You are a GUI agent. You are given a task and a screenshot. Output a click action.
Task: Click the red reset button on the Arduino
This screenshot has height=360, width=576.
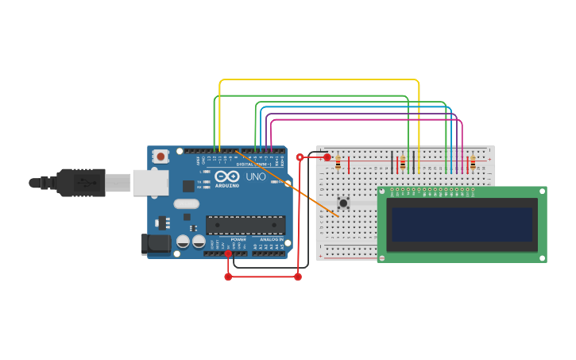161,157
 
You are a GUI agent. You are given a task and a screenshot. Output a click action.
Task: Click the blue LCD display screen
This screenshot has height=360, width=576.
461,224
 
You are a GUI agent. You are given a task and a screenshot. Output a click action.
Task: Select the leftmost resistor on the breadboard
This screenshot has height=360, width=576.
338,163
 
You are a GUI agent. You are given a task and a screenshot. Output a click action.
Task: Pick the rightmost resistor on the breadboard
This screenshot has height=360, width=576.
473,163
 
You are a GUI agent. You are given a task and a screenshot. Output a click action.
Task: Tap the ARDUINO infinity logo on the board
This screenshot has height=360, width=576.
226,176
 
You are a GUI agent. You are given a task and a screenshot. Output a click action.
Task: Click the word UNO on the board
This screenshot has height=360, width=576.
256,176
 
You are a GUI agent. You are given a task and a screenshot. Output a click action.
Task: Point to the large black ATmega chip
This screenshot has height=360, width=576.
245,225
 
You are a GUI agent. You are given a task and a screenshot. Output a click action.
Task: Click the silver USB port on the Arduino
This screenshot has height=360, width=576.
150,183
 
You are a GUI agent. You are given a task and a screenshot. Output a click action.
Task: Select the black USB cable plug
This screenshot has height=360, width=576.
79,183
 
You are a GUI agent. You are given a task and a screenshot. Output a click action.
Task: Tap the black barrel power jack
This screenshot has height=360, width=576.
156,243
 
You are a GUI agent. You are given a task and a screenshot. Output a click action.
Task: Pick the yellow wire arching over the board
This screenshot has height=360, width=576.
318,80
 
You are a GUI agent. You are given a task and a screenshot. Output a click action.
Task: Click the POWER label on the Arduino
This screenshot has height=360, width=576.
238,239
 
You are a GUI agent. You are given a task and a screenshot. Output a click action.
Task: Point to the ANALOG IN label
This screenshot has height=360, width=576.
271,239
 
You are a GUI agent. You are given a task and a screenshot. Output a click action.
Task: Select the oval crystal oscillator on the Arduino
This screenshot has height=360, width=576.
186,203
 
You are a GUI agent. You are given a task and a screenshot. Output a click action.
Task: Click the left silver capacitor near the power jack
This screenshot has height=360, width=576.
183,241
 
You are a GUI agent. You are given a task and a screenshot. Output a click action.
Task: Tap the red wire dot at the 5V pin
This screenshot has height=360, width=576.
228,254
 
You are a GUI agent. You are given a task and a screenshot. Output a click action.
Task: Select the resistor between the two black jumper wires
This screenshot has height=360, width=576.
402,163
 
